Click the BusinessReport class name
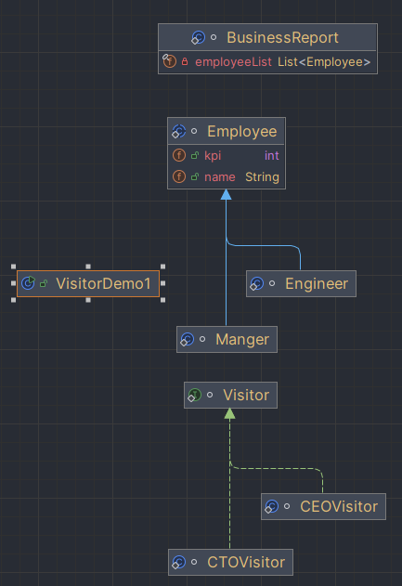click(282, 38)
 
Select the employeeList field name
click(233, 61)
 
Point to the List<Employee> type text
click(324, 61)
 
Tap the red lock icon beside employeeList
click(185, 61)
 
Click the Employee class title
click(242, 132)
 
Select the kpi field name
click(213, 155)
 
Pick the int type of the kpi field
click(272, 155)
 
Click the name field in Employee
click(220, 176)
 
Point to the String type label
click(262, 176)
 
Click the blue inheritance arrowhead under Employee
click(226, 194)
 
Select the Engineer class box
click(301, 283)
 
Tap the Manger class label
click(242, 339)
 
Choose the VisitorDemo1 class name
click(103, 283)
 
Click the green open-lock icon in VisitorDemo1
click(44, 283)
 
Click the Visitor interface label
click(246, 395)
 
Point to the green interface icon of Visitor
click(194, 395)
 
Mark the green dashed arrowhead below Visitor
click(229, 413)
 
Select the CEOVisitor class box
click(323, 506)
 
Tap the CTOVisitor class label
click(246, 562)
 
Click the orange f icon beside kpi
click(179, 155)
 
